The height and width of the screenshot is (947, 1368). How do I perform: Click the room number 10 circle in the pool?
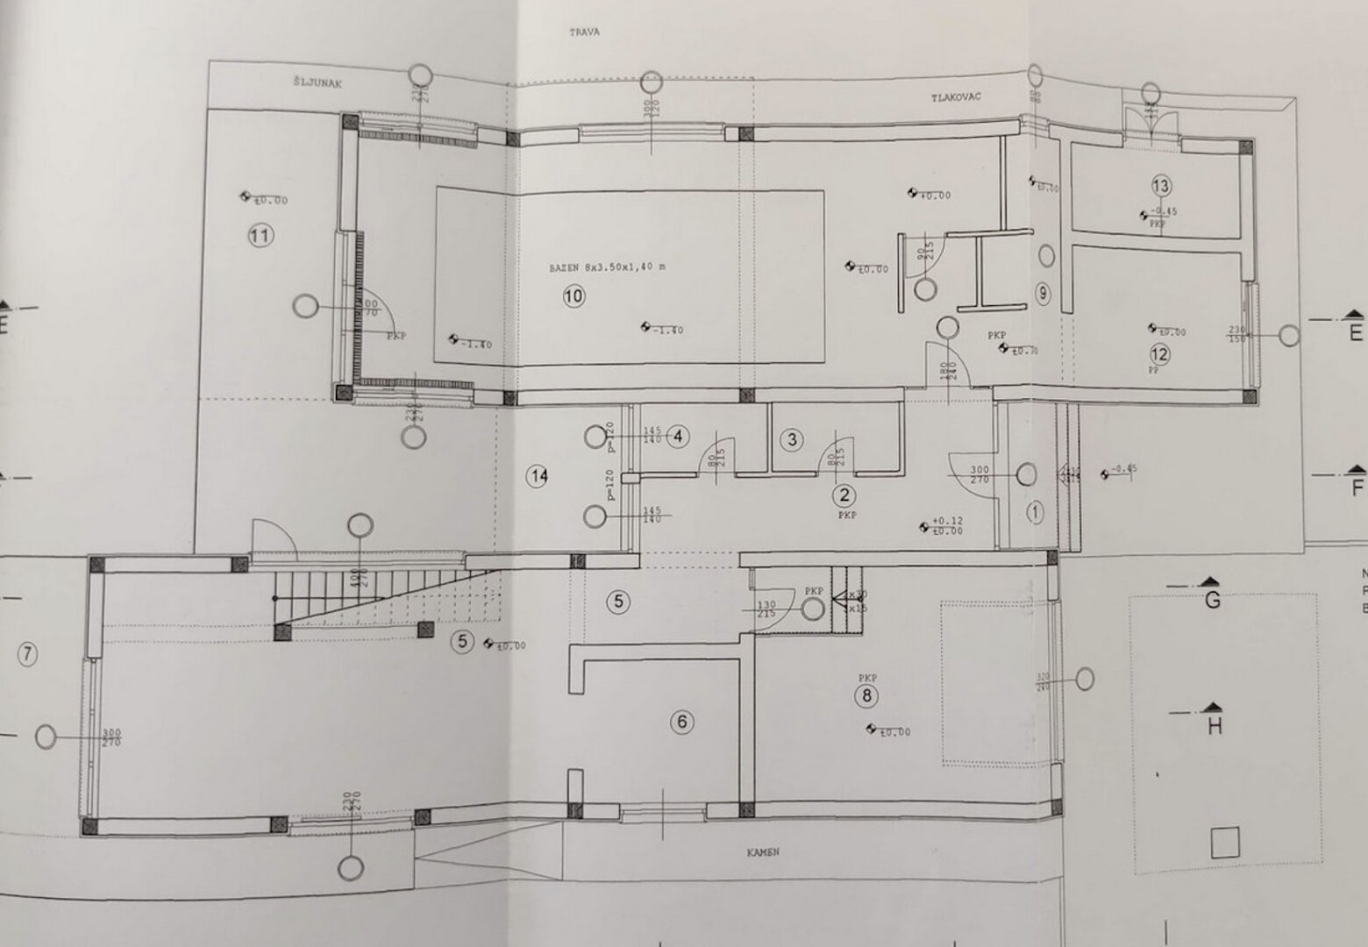coord(573,296)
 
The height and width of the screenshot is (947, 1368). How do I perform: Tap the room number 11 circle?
coord(260,235)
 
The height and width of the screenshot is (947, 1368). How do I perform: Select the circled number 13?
coord(1161,186)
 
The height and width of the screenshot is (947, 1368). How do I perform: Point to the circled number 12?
coord(1159,354)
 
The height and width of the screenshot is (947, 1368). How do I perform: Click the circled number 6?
coord(681,723)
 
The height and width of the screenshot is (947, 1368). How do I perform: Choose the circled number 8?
coord(866,696)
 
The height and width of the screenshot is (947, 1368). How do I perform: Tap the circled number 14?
coord(538,476)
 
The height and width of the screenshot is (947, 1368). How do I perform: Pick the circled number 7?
coord(27,654)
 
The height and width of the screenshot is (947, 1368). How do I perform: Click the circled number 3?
coord(792,439)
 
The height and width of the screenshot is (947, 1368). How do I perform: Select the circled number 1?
coord(1035,512)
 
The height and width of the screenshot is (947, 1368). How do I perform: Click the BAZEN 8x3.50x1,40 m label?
coord(607,267)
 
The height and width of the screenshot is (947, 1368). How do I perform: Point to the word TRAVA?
coord(584,32)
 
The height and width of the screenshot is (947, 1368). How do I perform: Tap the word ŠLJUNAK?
coord(317,83)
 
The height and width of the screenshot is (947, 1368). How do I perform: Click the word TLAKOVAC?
coord(956,98)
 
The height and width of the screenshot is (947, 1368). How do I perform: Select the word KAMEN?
coord(763,852)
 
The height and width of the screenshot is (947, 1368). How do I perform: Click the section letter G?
coord(1214,602)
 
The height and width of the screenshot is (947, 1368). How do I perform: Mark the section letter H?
coord(1215,726)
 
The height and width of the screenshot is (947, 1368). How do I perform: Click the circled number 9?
coord(1042,294)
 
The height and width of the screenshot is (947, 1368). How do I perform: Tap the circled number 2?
coord(844,496)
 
